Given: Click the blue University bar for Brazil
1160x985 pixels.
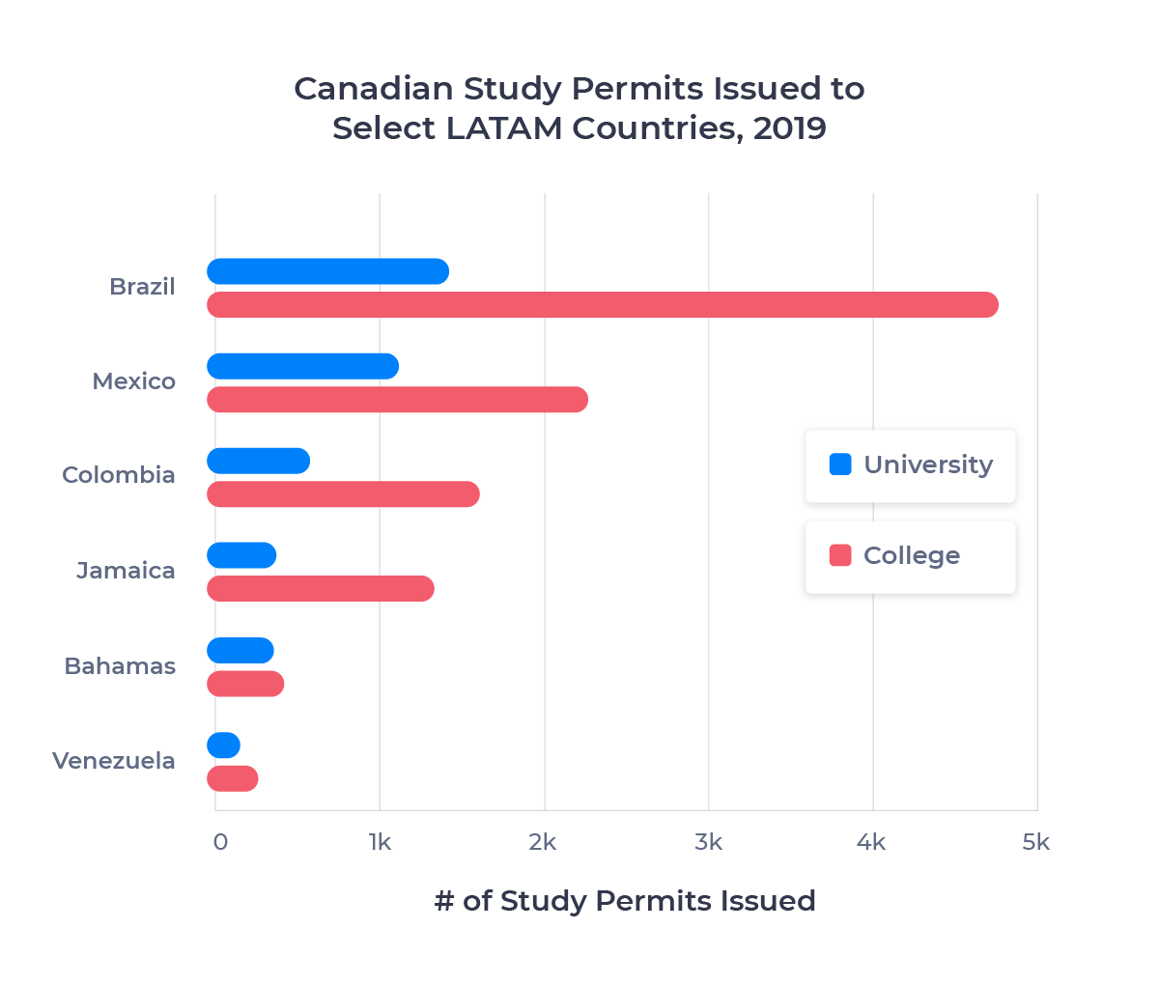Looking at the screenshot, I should [x=328, y=272].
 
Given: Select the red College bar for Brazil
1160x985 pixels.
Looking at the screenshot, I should [x=603, y=305].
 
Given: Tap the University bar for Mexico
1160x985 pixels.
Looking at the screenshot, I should [x=303, y=367].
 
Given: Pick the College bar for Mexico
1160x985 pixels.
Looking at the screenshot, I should [x=398, y=400].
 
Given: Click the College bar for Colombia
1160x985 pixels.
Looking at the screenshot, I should [x=344, y=494].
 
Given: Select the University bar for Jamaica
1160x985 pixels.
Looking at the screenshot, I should [x=242, y=556].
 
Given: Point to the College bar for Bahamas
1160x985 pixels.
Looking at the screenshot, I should [x=246, y=684].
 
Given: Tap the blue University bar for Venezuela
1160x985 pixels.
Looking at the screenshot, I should [x=224, y=746].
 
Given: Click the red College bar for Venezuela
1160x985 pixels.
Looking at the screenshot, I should [x=233, y=778].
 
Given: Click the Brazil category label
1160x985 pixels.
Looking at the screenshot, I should [x=142, y=287].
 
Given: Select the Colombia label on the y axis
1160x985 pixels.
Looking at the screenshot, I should [x=119, y=475].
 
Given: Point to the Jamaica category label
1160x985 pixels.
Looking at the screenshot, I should [x=126, y=571].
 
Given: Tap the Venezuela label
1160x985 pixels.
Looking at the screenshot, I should [x=114, y=761].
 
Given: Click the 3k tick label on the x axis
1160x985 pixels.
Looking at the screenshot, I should [x=708, y=842].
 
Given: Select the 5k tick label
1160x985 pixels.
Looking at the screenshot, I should [x=1035, y=842].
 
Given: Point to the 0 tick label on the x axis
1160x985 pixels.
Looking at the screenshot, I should [x=220, y=842].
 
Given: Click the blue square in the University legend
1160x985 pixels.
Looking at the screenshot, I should [x=840, y=464].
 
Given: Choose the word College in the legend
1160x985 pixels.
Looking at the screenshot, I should [x=912, y=555].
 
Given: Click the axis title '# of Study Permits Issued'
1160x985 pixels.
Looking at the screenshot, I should [x=625, y=901].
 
